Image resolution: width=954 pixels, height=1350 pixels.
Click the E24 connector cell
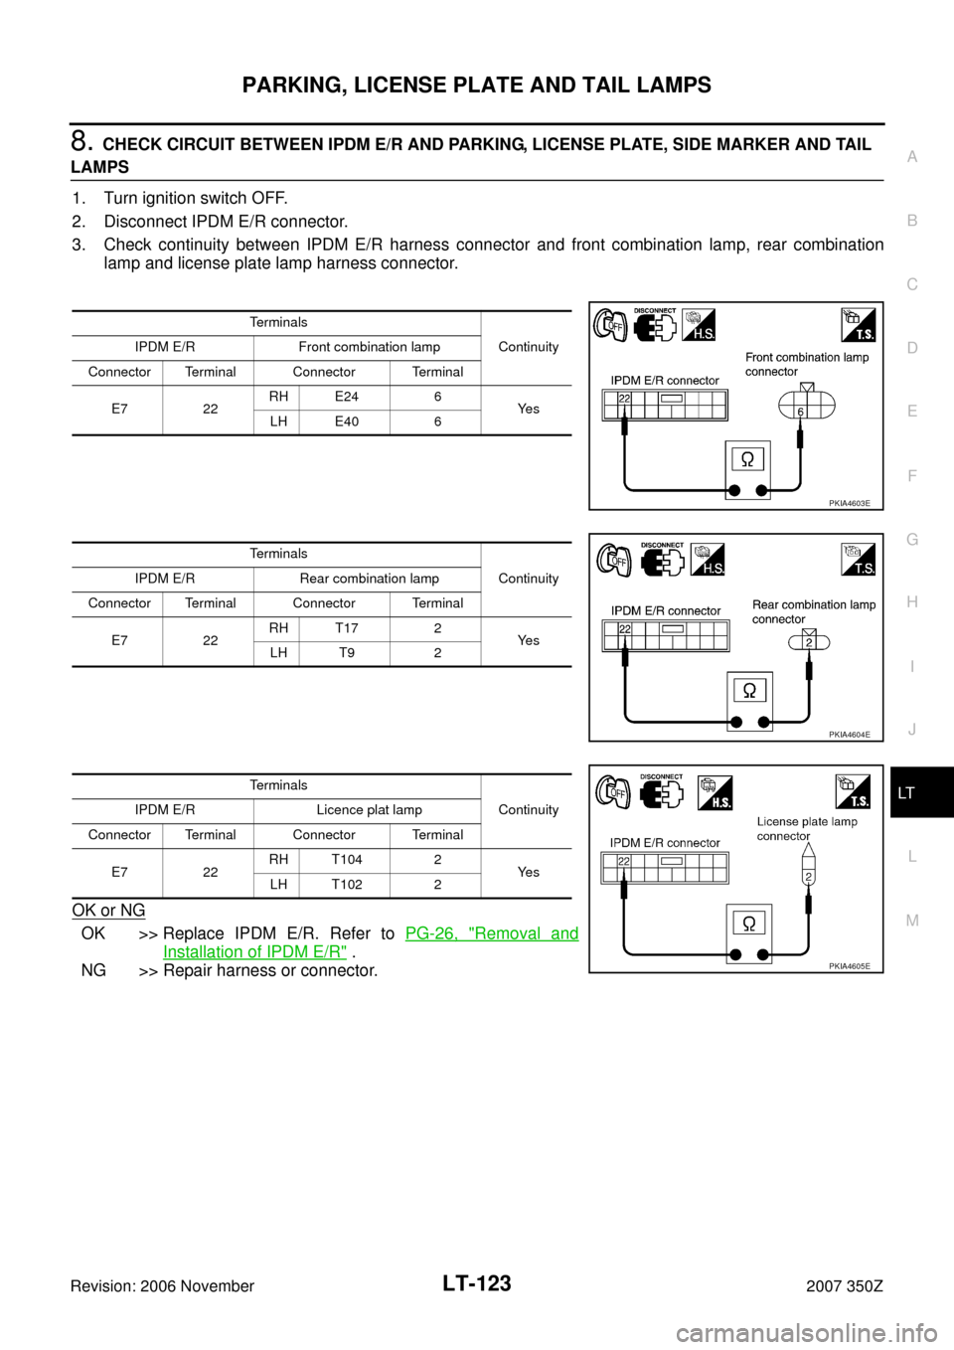coord(346,397)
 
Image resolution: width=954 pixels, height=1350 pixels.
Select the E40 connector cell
coord(346,422)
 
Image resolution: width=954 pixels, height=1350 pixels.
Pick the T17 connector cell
coord(346,628)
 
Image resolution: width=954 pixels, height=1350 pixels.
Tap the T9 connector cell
coord(346,653)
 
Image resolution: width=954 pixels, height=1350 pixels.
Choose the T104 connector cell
coord(346,860)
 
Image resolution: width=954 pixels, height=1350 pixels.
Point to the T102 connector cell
coord(346,884)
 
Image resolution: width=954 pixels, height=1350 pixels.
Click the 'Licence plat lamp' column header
coord(370,810)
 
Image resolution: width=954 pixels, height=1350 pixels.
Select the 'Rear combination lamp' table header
coord(370,579)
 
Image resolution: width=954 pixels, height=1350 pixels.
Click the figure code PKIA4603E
coord(850,503)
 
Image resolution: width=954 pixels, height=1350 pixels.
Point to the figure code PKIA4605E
coord(850,966)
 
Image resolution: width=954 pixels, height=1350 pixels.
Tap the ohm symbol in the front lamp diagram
coord(747,460)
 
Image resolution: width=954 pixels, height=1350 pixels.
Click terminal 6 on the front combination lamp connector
coord(800,412)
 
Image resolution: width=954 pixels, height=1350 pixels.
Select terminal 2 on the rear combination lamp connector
coord(809,643)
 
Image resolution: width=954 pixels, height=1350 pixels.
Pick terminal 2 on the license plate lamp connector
coord(808,876)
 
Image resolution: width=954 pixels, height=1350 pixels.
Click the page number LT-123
coord(477,1283)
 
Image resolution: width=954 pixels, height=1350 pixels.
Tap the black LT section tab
coord(922,792)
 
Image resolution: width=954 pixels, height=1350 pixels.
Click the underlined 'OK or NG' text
coord(108,910)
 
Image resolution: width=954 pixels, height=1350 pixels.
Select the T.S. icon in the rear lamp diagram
coord(860,559)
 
